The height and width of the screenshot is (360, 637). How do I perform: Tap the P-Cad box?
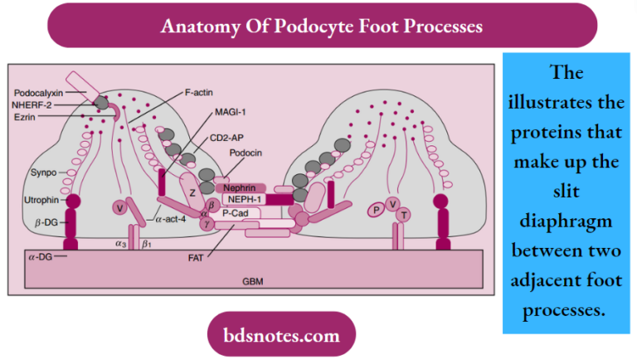235,213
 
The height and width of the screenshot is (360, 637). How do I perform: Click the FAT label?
196,257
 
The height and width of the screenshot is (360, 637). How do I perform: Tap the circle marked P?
377,210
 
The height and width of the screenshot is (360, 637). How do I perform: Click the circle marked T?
403,215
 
